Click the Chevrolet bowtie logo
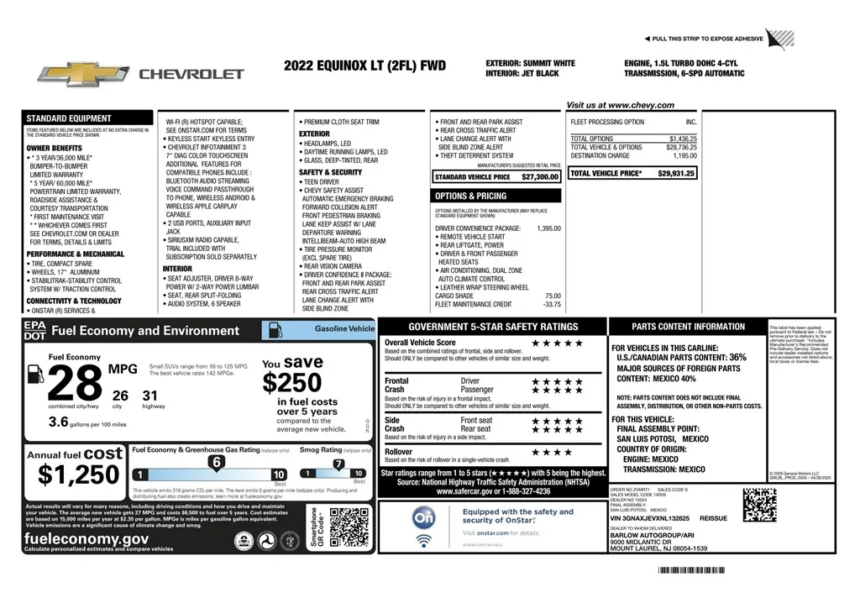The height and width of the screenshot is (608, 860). click(82, 73)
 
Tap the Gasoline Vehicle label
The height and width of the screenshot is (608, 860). click(344, 328)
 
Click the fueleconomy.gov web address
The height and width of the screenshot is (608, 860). click(87, 539)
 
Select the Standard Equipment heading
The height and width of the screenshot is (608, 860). click(68, 118)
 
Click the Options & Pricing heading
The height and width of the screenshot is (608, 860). click(470, 196)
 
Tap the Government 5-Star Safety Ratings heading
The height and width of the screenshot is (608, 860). click(493, 327)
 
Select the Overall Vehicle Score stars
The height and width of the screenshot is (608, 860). click(557, 343)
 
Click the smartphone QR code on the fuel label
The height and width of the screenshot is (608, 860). click(349, 528)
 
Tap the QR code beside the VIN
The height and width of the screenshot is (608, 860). click(759, 505)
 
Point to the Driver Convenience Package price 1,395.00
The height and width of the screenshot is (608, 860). click(548, 228)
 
